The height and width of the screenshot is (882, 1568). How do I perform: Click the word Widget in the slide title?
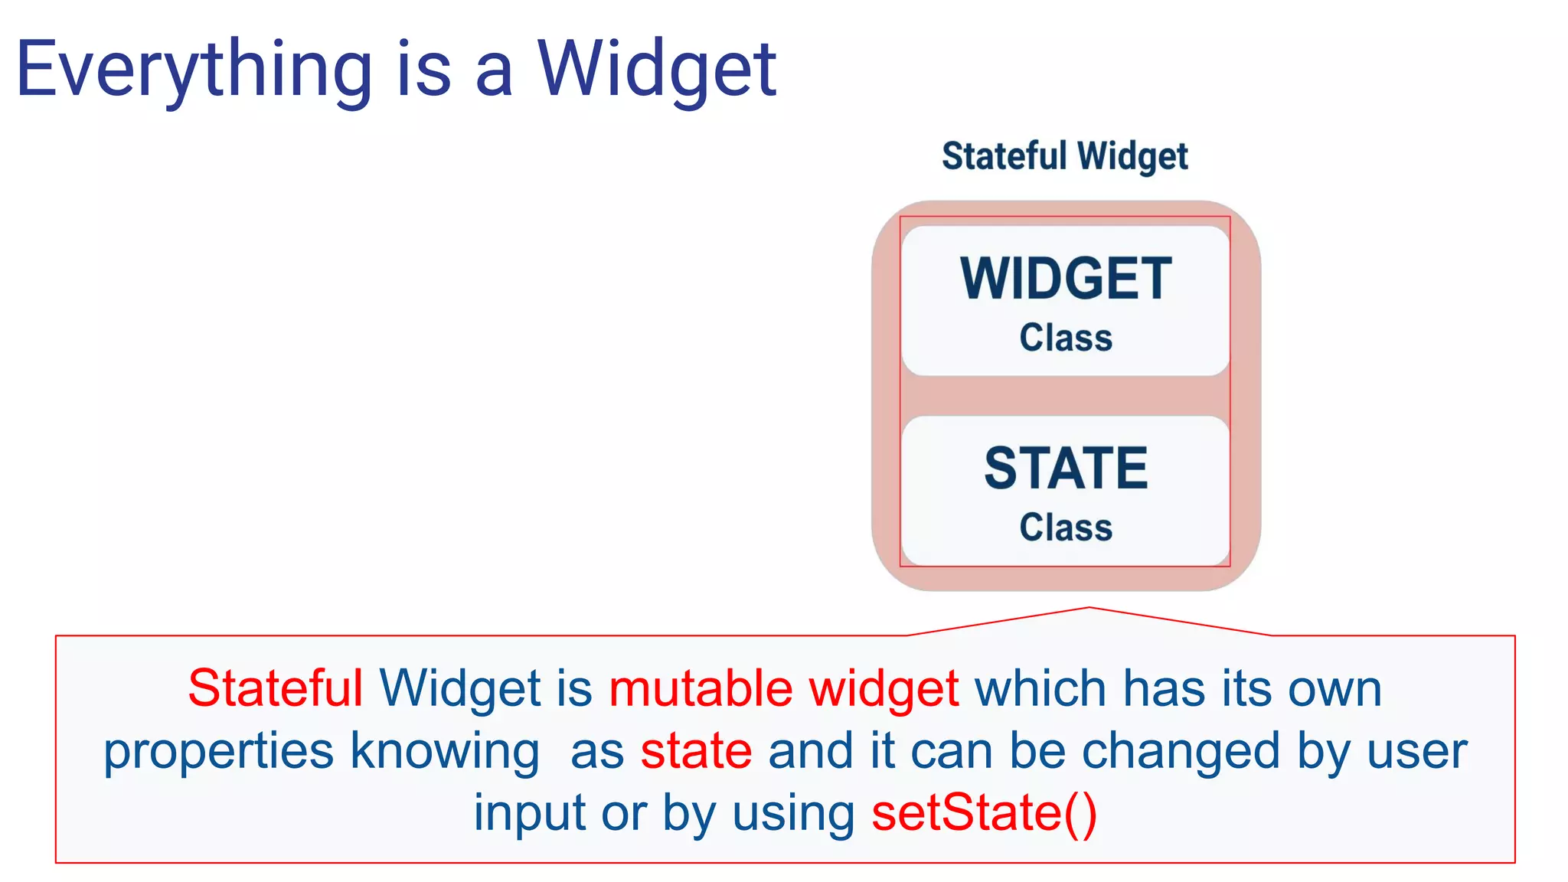tap(656, 70)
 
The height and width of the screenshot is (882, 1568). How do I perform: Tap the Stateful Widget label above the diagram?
tap(1064, 156)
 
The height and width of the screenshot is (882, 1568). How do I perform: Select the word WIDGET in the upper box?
tap(1066, 279)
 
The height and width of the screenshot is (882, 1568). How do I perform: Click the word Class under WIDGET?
tap(1066, 338)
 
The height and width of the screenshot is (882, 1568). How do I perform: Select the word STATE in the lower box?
tap(1066, 469)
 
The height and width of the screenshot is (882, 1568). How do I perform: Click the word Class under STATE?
tap(1066, 528)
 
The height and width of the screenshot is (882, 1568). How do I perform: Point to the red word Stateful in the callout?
tap(275, 688)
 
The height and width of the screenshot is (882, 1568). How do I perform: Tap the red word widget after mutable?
tap(884, 688)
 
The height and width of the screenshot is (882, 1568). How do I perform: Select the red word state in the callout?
tap(696, 750)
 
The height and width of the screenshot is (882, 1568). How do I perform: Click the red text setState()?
tap(985, 812)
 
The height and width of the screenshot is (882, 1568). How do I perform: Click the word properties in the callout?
tap(219, 752)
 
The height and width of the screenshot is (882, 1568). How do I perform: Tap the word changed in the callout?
tap(1181, 750)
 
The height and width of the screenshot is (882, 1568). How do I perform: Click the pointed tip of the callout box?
tap(1089, 609)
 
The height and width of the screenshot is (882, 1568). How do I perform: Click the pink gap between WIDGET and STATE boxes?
tap(1066, 396)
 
